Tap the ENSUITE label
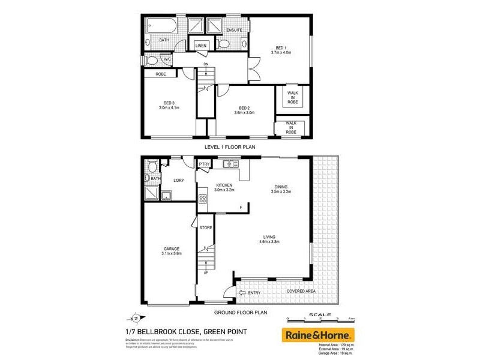(234, 30)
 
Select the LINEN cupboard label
(200, 46)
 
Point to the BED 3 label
(169, 102)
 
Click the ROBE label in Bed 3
(160, 74)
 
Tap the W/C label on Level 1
(167, 59)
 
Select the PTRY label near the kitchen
(205, 164)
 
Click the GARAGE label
(172, 248)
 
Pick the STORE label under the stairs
(206, 227)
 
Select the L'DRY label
(178, 181)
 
